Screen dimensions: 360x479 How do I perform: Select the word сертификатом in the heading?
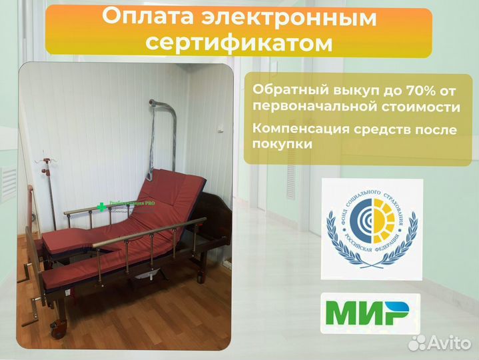point(239,42)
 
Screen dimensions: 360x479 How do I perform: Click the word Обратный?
point(283,89)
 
